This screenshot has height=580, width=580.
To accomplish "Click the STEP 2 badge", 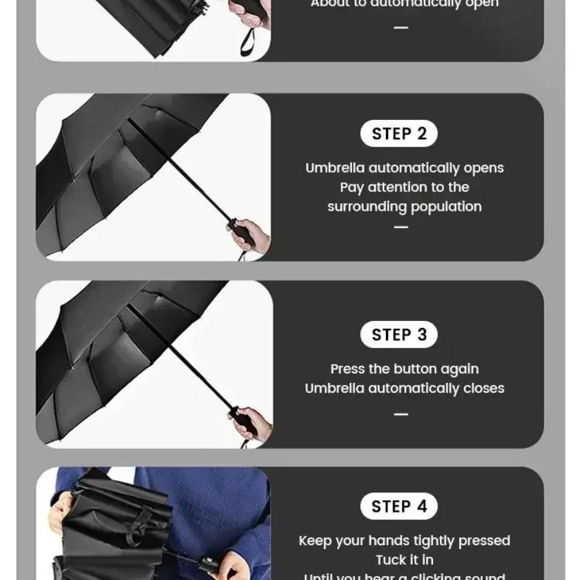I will tap(399, 134).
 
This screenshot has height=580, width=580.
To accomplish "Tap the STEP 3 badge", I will tap(399, 335).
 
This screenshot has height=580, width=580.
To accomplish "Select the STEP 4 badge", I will tap(399, 507).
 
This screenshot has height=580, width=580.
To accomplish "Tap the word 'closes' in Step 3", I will tap(483, 389).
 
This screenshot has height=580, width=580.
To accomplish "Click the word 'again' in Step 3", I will tap(459, 369).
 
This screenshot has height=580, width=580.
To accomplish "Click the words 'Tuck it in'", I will tap(405, 560).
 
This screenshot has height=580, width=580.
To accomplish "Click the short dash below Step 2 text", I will tap(401, 227).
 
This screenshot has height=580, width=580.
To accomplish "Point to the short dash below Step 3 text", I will tap(401, 414).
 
